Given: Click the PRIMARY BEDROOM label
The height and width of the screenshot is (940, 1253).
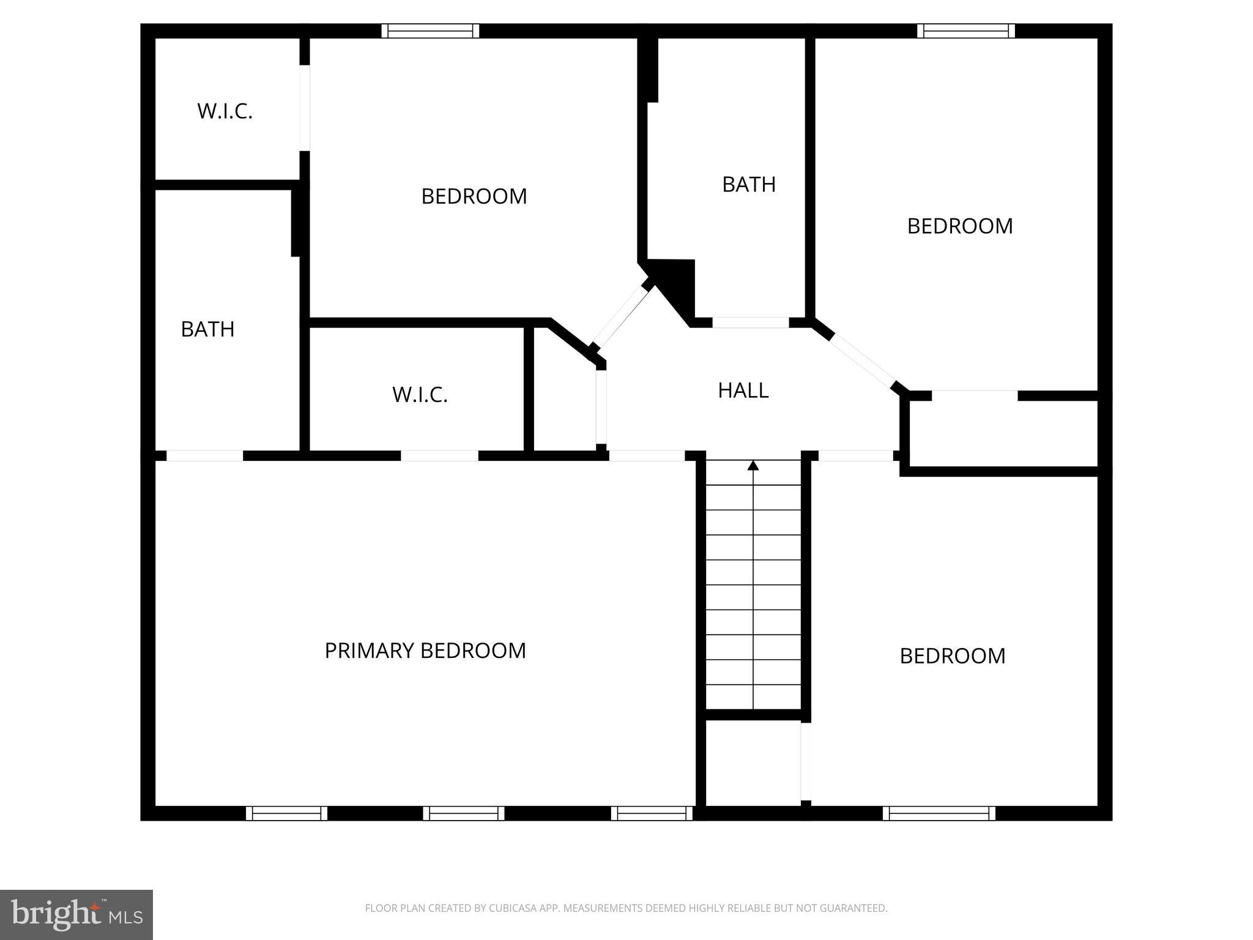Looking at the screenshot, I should point(425,651).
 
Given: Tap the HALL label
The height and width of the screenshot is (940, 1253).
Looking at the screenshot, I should point(743,390).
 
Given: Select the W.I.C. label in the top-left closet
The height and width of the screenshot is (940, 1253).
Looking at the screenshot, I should point(225,111).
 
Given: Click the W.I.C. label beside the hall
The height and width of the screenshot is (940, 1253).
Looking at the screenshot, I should point(420,395).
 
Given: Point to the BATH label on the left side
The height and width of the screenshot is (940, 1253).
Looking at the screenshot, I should point(207,329).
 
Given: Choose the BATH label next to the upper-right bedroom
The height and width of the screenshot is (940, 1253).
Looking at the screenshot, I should point(749,184).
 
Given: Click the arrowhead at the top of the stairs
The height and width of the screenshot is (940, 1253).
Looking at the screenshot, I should point(753,466).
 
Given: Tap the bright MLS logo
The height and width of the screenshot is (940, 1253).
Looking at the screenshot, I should point(76,914).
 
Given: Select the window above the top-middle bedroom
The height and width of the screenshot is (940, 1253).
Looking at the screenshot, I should point(430,31).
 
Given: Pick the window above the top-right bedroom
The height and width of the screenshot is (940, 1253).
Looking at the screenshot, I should point(966,31).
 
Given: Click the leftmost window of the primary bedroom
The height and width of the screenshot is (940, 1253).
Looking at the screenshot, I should point(286,813).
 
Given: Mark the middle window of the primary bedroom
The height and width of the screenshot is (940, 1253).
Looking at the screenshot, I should point(464,813).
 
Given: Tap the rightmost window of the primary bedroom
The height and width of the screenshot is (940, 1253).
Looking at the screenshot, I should point(652,813).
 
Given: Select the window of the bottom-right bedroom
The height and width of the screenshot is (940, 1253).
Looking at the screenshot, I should point(939,813).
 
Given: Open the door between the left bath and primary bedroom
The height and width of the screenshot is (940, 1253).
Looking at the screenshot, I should point(205,455).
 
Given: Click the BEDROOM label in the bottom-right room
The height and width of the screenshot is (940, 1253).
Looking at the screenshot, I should point(952,656).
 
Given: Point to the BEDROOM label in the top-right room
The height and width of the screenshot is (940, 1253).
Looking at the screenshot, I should point(959,226).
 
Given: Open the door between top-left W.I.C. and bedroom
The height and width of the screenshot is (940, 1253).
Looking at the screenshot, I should point(304,108).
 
